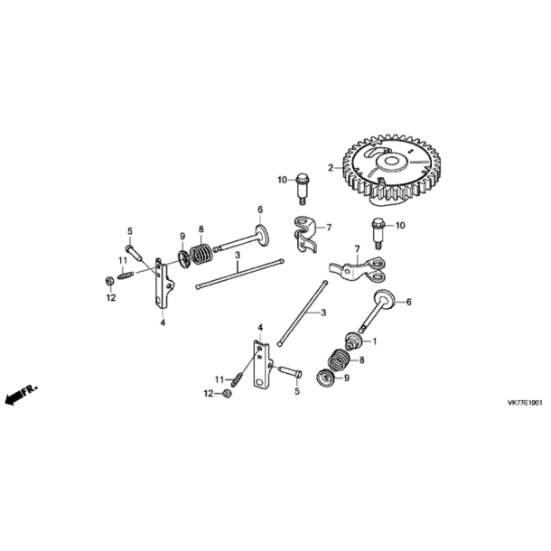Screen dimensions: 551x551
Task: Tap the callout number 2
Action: point(331,168)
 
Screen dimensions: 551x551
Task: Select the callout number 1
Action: point(374,341)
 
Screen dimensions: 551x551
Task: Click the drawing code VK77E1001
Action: point(525,403)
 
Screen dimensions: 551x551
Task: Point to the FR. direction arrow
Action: point(21,395)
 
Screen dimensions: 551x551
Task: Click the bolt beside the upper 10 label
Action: point(302,189)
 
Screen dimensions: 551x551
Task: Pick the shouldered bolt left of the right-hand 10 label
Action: point(377,233)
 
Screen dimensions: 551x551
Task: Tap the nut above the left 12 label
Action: point(109,281)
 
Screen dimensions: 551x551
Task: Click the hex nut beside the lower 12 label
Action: point(227,394)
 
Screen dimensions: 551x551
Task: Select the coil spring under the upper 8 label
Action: point(201,255)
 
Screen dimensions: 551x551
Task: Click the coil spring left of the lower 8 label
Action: point(338,360)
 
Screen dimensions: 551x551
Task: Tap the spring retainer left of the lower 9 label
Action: point(325,378)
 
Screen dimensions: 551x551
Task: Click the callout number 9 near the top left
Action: point(182,236)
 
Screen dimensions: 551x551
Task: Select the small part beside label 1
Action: point(353,341)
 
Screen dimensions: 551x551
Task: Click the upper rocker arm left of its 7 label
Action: point(304,234)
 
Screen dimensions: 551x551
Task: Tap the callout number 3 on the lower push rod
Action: point(323,313)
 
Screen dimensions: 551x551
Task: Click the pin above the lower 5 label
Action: point(290,372)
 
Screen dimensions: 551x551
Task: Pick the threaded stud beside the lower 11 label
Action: point(237,379)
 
